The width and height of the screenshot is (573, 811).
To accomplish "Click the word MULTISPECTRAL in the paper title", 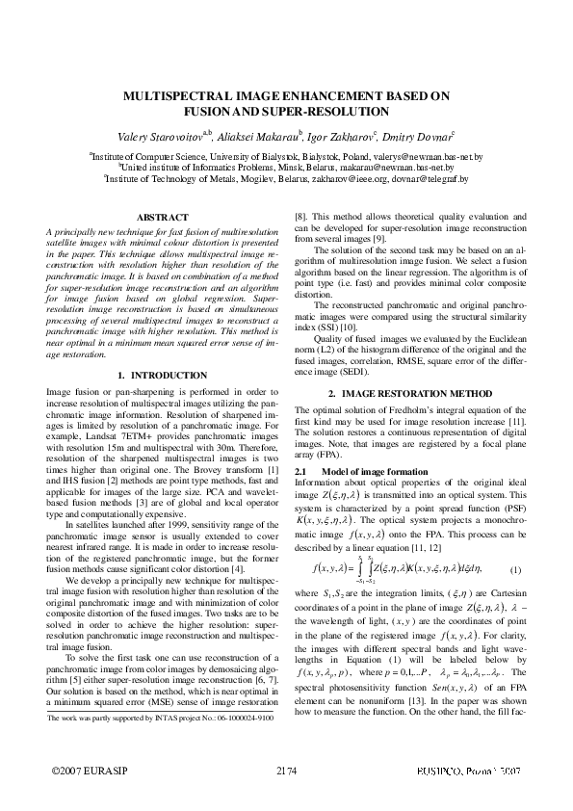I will (180, 97).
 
